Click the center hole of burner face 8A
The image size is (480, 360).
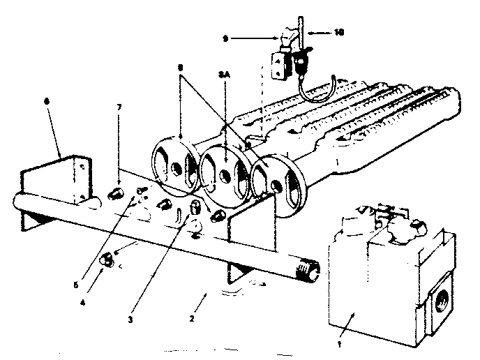[225, 168]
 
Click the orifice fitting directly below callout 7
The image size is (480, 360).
[118, 192]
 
